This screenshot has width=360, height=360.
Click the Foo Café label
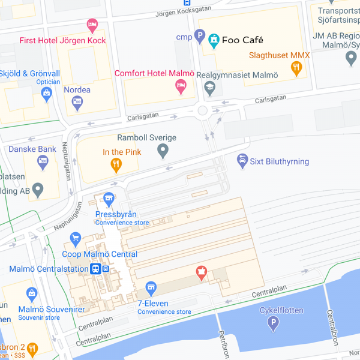[x=242, y=40]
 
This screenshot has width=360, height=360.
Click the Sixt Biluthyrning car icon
[x=242, y=160]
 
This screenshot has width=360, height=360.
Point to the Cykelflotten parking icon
[x=274, y=324]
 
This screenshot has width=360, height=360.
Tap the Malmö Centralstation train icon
[x=95, y=269]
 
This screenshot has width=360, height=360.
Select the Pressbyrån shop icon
[x=109, y=198]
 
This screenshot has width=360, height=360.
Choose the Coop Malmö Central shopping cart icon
[x=75, y=239]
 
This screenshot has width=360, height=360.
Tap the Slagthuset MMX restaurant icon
[x=295, y=68]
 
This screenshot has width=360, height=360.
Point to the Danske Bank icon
[x=43, y=161]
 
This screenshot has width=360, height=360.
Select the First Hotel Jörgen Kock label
[x=62, y=41]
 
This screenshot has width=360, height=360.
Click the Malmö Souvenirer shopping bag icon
[x=32, y=294]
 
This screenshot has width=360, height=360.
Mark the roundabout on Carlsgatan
[x=203, y=110]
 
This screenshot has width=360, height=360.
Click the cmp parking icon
[x=200, y=37]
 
